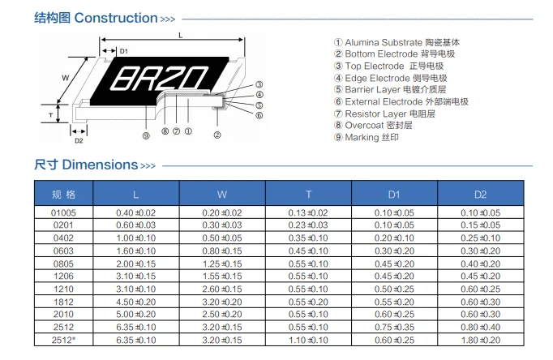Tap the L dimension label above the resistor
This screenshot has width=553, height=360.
pos(180,36)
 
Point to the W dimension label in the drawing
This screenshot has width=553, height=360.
pos(64,78)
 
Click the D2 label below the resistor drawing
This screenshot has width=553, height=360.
pos(79,140)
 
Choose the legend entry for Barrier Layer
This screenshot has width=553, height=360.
pos(390,89)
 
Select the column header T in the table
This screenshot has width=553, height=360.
pos(308,194)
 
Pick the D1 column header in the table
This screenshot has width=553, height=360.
pos(394,194)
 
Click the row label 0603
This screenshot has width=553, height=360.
pos(63,251)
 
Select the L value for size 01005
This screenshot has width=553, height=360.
pos(135,212)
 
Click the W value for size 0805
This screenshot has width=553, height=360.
pos(222,264)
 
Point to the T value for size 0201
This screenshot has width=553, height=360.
pos(308,225)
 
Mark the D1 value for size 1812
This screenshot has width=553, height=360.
pos(394,300)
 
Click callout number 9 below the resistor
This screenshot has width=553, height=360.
pos(146,135)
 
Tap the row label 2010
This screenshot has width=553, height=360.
pos(63,313)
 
